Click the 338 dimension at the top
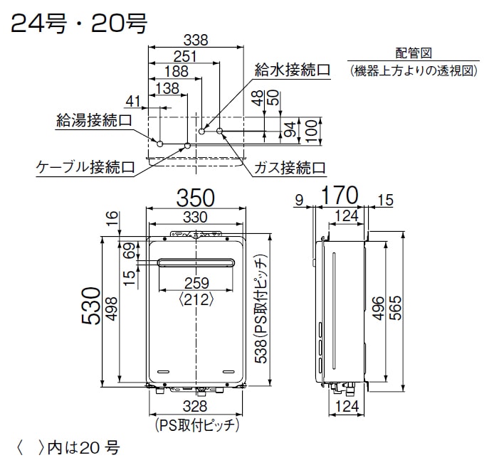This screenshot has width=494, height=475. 196,41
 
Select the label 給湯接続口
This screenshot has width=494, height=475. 94,121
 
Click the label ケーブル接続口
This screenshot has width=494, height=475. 86,167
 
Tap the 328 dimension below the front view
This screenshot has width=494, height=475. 195,406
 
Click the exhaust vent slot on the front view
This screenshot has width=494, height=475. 196,262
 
